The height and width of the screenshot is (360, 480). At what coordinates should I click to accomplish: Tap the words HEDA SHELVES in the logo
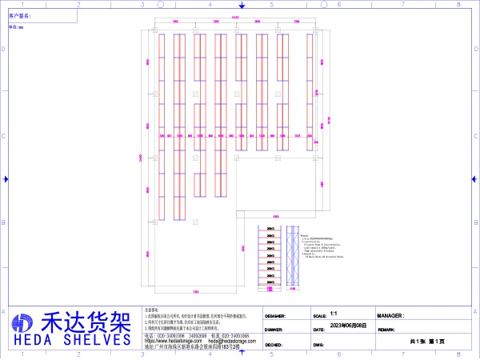(70, 339)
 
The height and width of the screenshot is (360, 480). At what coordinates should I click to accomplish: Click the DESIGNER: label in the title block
(274, 317)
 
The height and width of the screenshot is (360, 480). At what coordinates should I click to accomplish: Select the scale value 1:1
(333, 315)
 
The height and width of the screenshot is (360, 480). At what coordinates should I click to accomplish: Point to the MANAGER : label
(390, 317)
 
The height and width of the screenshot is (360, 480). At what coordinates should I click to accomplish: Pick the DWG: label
(318, 346)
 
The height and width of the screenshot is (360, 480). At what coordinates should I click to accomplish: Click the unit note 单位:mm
(16, 26)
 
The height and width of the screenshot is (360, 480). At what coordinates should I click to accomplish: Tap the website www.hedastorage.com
(167, 341)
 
